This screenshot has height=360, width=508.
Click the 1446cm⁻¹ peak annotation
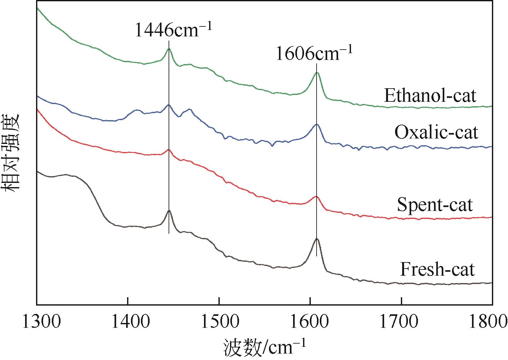[x=173, y=30]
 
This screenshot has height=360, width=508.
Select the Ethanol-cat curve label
[x=430, y=96]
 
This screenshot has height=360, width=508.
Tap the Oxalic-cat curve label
[x=436, y=132]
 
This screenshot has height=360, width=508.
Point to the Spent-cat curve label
[x=435, y=204]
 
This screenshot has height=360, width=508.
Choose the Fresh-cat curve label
[x=437, y=269]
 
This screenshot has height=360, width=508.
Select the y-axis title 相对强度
[x=11, y=153]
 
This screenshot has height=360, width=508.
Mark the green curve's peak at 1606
[x=317, y=73]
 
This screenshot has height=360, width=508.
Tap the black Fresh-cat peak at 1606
[x=317, y=239]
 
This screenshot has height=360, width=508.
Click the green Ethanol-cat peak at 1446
[x=169, y=49]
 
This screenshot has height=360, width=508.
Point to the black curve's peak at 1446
[x=169, y=211]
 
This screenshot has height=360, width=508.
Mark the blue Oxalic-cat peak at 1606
[x=317, y=124]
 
